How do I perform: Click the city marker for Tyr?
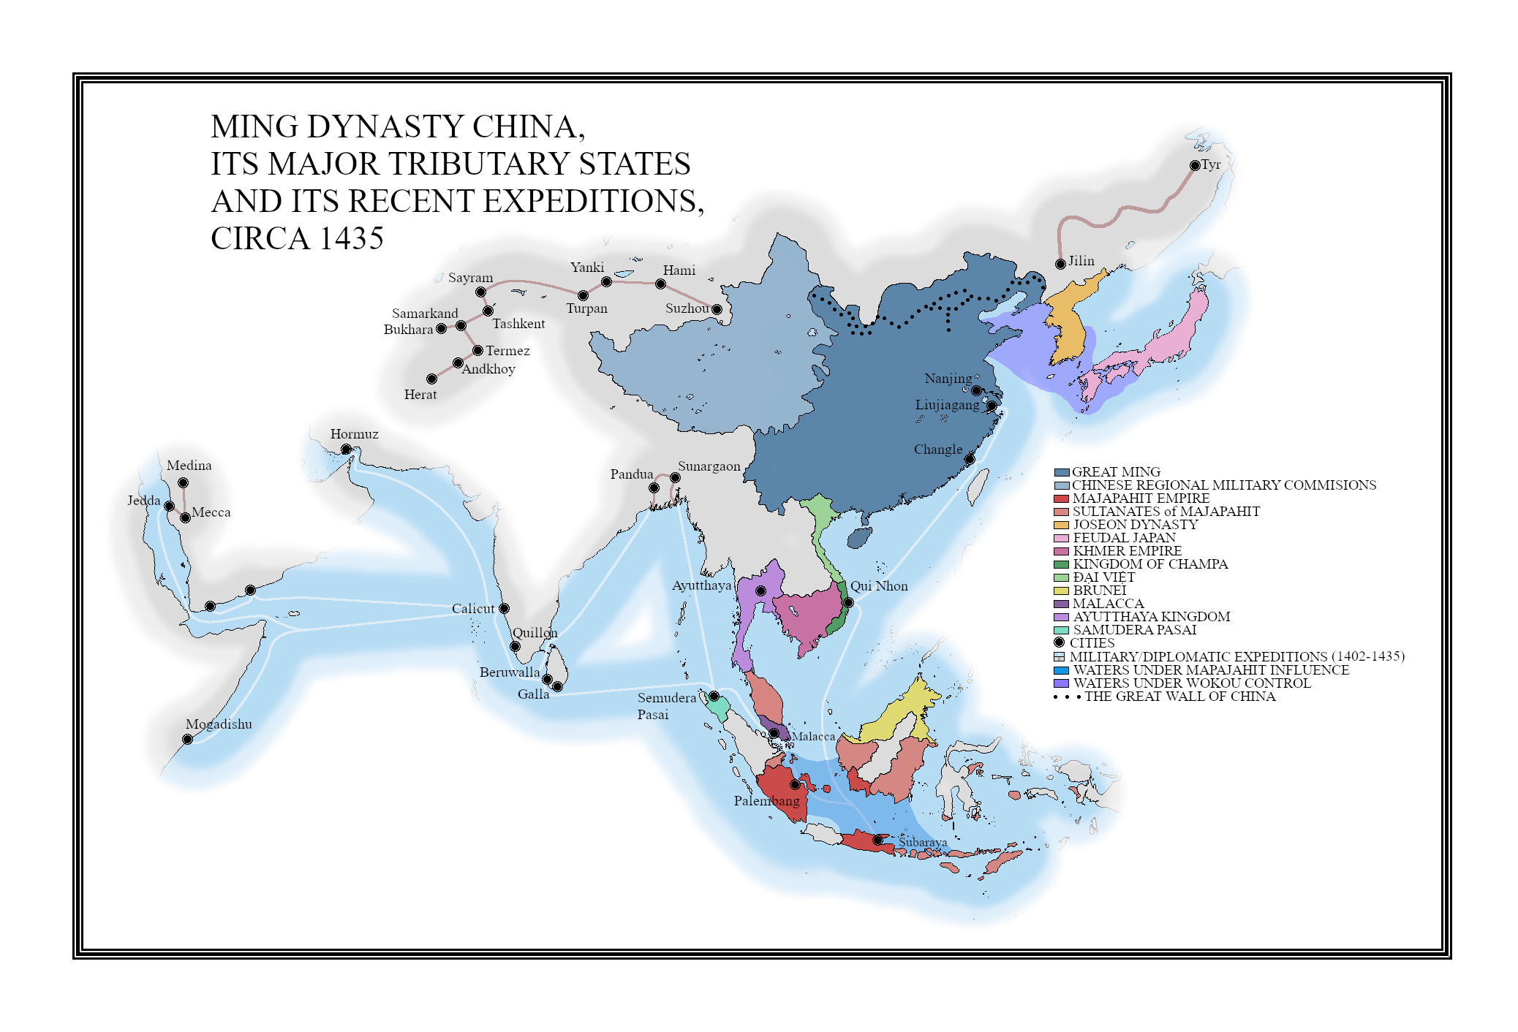click(x=1195, y=165)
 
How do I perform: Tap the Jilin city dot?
click(x=1060, y=264)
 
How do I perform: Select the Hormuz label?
click(x=354, y=434)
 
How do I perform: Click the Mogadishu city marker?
click(x=187, y=739)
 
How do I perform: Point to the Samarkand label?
click(x=425, y=314)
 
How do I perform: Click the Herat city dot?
click(x=431, y=379)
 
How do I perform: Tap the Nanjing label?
click(x=948, y=379)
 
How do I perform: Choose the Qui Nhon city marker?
click(x=848, y=602)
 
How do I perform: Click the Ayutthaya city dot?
click(x=760, y=591)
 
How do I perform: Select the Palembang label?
click(x=766, y=801)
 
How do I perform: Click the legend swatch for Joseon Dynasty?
click(x=1061, y=525)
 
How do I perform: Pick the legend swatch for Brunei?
click(x=1061, y=591)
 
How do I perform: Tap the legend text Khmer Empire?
click(x=1127, y=551)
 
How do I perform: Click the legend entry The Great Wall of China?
click(x=1179, y=697)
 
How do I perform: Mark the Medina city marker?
click(x=183, y=482)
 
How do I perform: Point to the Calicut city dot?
click(x=504, y=608)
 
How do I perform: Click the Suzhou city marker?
click(x=717, y=309)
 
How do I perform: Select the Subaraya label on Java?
click(x=923, y=843)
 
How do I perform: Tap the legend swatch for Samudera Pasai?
click(x=1061, y=630)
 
